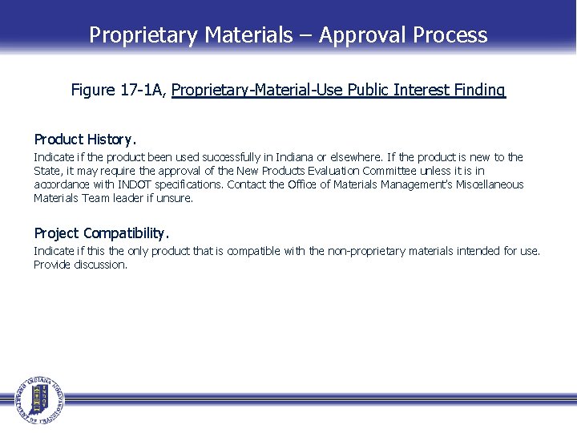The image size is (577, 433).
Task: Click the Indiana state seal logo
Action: pyautogui.click(x=37, y=399)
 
